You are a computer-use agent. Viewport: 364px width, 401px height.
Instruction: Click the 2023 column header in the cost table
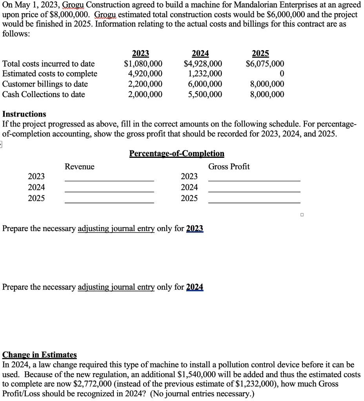[140, 54]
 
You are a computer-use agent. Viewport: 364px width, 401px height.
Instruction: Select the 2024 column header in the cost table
[200, 54]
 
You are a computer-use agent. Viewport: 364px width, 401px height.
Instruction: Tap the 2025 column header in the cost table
[260, 54]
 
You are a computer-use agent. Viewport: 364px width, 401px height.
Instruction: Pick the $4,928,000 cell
[203, 64]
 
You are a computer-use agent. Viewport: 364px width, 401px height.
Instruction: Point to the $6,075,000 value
[265, 64]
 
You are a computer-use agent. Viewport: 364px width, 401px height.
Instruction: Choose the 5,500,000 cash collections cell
[205, 94]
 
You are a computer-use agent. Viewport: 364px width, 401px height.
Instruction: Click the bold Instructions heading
[24, 114]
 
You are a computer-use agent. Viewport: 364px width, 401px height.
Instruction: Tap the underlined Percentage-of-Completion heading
[177, 154]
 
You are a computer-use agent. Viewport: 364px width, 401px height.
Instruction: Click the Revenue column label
[80, 167]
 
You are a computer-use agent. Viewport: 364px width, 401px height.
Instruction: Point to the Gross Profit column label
[229, 167]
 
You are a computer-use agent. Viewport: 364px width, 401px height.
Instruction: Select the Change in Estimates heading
[40, 355]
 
